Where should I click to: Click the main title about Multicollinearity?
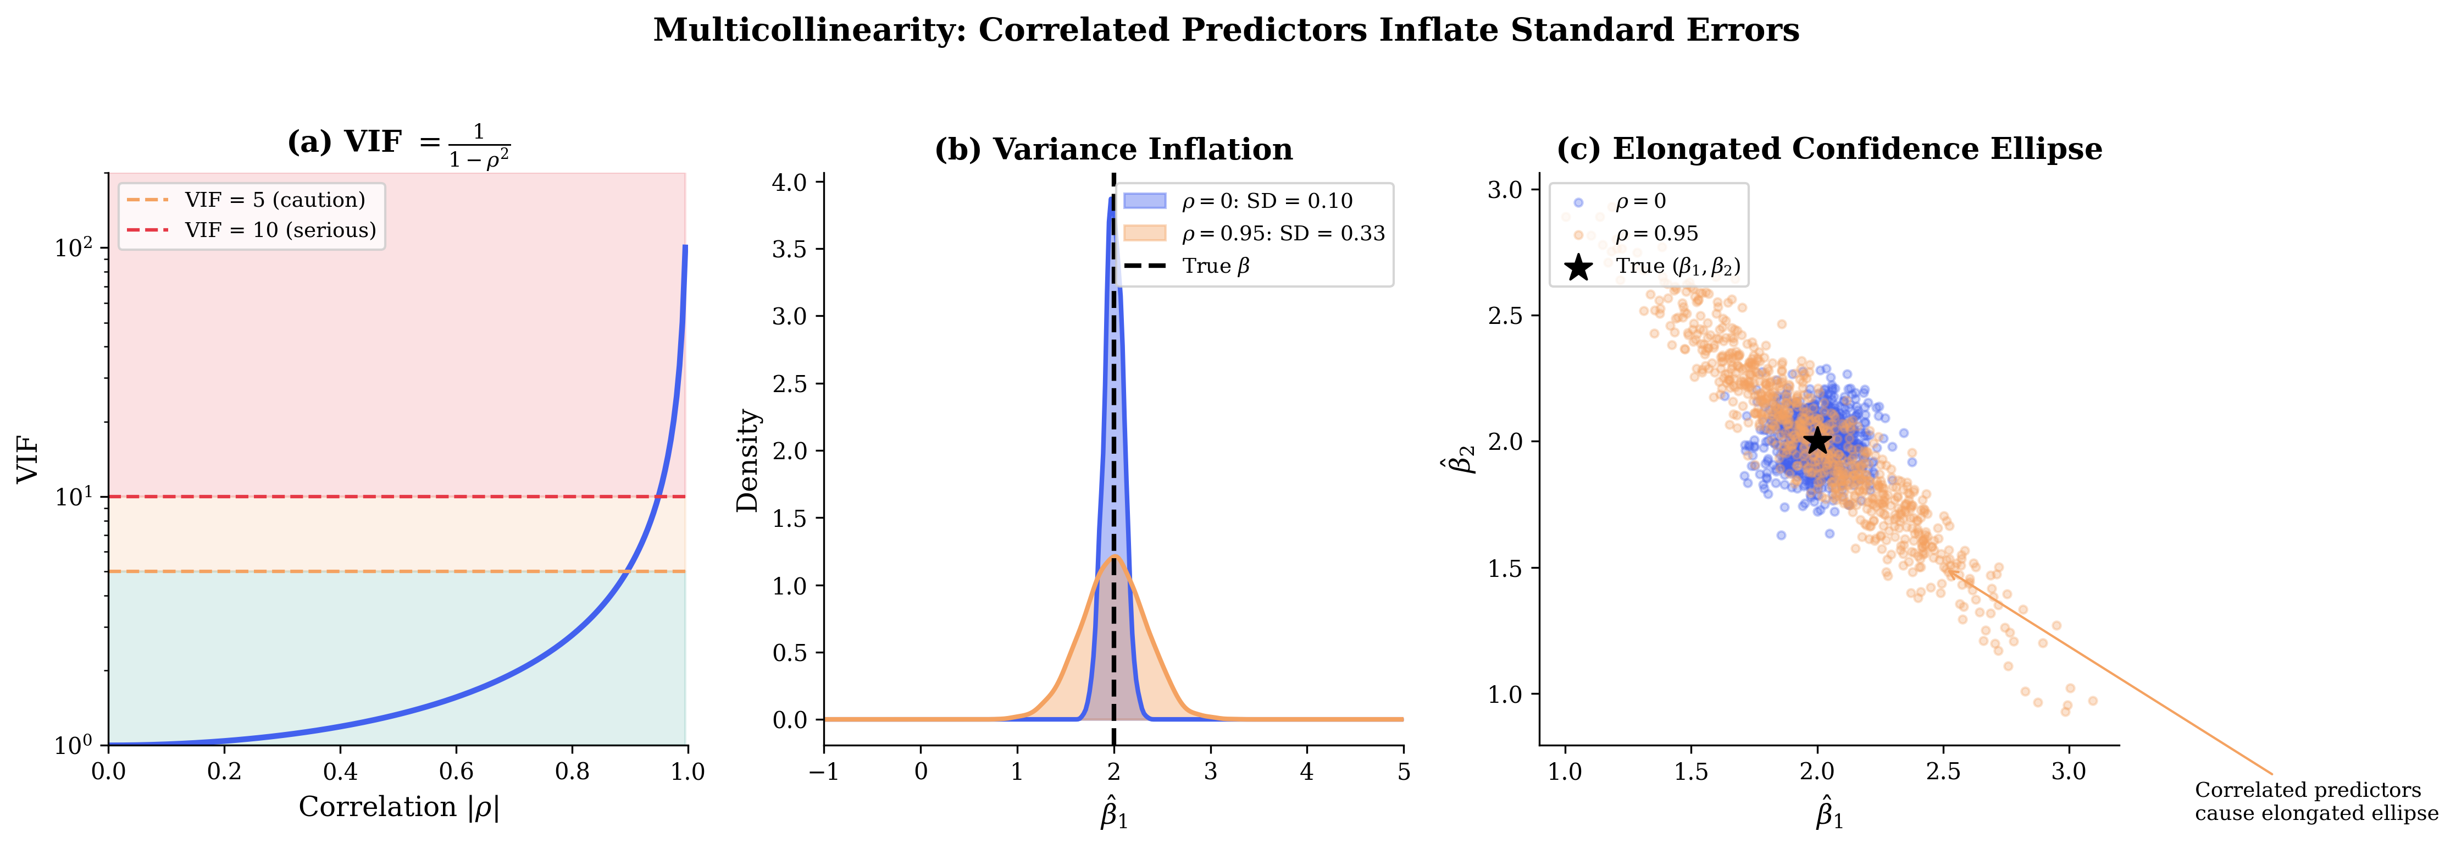[1226, 31]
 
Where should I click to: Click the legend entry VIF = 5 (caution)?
[275, 200]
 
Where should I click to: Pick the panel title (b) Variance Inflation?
[1113, 150]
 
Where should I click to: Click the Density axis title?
[747, 461]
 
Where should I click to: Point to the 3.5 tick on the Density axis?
[789, 249]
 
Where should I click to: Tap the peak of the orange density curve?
[1113, 558]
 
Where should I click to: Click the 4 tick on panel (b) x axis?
[1306, 771]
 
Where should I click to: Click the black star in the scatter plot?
[1817, 440]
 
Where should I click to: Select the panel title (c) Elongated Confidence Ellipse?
[1828, 150]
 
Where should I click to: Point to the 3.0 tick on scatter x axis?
[2069, 771]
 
